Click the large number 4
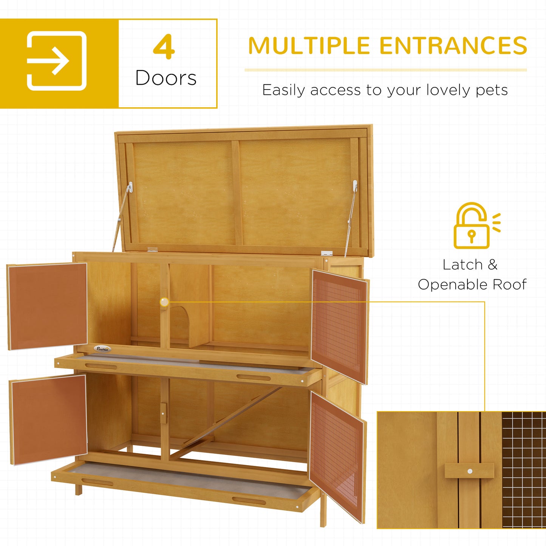point(164,47)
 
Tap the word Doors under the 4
point(166,78)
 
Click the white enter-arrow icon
point(57,61)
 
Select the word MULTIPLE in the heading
point(309,46)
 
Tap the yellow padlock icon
point(472,226)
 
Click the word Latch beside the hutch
point(462,265)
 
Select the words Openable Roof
point(472,285)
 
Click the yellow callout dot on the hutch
point(164,302)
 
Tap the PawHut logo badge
point(102,349)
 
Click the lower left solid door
point(48,419)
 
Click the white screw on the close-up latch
point(470,471)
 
